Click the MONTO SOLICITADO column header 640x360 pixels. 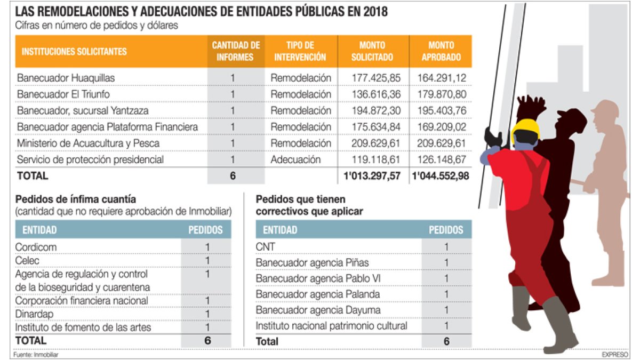click(x=372, y=51)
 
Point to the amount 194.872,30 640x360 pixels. click(x=376, y=111)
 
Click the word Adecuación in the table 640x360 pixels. click(x=295, y=159)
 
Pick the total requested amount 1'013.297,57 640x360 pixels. click(x=372, y=176)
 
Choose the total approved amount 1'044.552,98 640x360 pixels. click(x=441, y=176)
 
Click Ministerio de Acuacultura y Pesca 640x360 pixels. click(x=88, y=143)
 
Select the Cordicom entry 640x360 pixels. click(x=36, y=247)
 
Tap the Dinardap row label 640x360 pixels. click(x=36, y=314)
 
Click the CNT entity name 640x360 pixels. click(x=266, y=246)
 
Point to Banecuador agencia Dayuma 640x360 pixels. click(x=318, y=310)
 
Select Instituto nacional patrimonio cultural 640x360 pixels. click(x=331, y=326)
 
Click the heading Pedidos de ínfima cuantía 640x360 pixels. click(x=71, y=199)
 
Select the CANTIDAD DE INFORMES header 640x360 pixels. click(x=236, y=51)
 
